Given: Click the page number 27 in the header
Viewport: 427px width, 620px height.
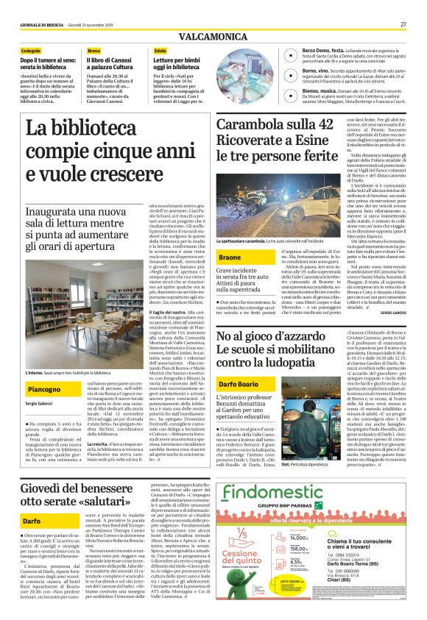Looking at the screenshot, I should pyautogui.click(x=403, y=24).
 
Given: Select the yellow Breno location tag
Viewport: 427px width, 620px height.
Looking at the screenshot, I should pyautogui.click(x=94, y=50).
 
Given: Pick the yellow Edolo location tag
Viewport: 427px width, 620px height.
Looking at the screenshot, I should pyautogui.click(x=160, y=50).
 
